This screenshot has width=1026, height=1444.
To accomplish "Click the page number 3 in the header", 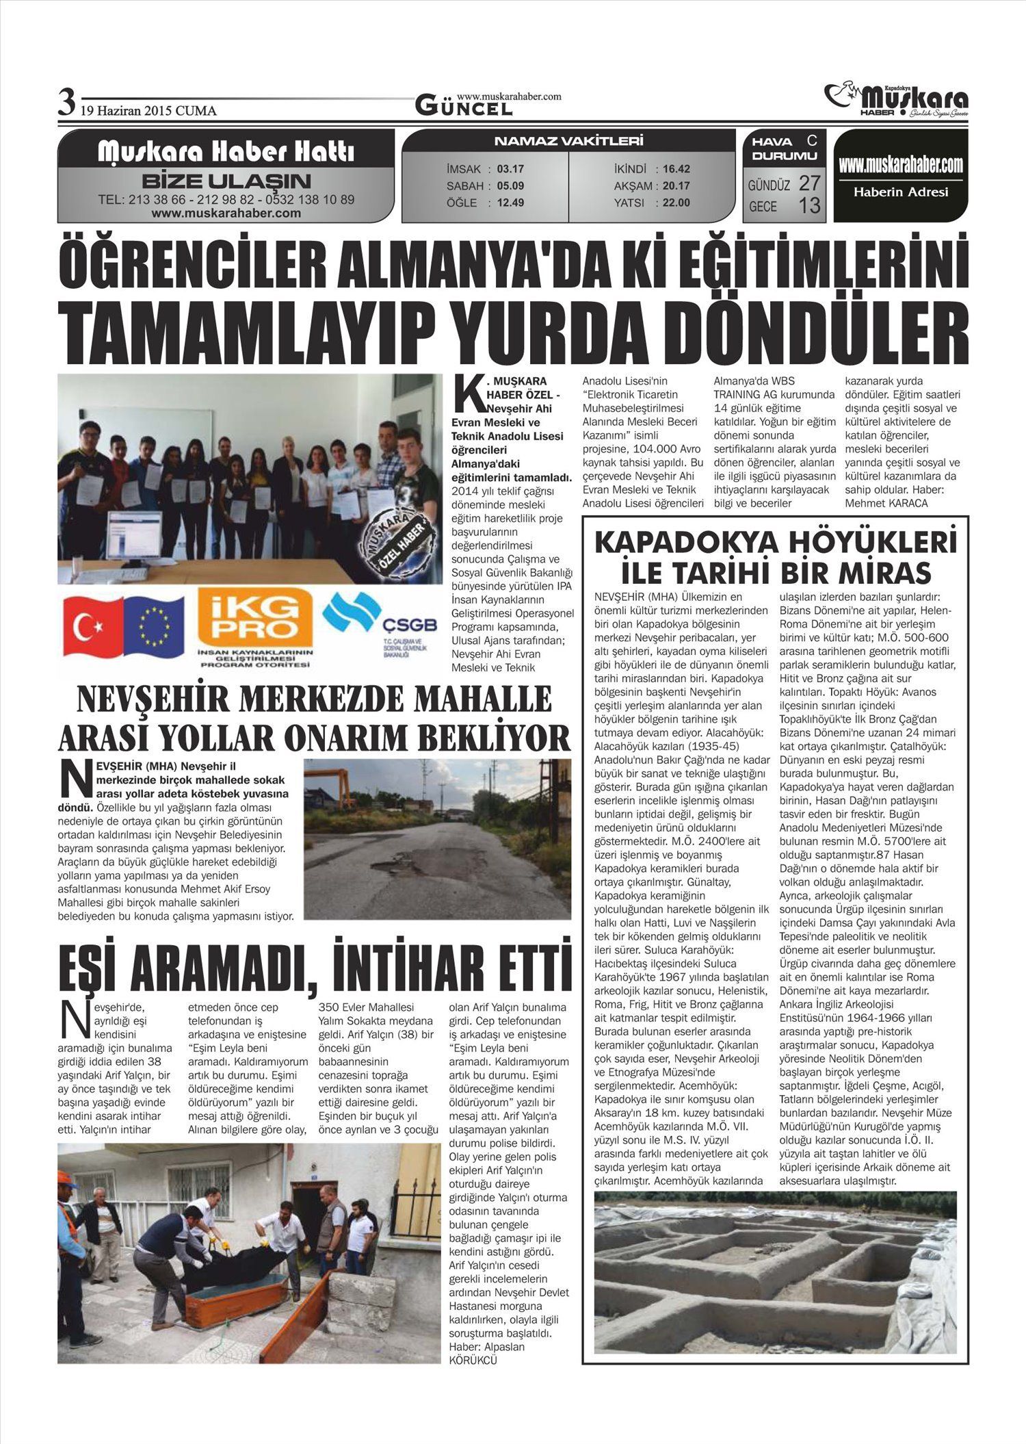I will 66,103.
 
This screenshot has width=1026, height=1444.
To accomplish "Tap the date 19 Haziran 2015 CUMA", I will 148,111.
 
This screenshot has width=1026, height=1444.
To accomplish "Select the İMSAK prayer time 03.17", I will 510,169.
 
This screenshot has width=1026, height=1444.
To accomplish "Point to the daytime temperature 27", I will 809,183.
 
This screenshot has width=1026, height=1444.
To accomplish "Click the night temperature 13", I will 809,205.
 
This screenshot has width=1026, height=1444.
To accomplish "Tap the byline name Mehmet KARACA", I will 886,503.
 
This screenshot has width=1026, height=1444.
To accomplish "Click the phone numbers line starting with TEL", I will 226,200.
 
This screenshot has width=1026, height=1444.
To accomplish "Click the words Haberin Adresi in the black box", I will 901,192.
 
